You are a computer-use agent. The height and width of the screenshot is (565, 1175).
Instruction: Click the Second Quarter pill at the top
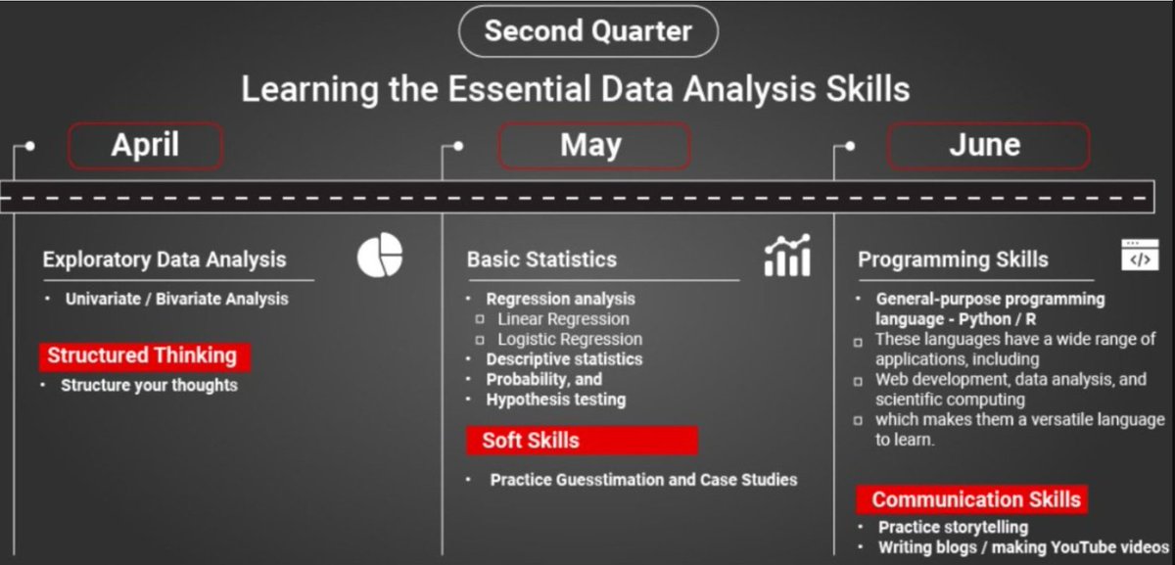coord(587,30)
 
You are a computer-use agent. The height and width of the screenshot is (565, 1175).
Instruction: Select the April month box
coord(145,146)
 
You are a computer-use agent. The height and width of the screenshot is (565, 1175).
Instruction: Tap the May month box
coord(593,146)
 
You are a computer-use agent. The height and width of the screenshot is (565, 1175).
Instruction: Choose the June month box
coord(987,146)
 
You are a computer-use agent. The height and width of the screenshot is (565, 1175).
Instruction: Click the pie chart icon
coord(380,256)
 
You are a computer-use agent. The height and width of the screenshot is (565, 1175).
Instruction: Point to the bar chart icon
coord(787,256)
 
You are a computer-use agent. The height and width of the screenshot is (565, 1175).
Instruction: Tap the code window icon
coord(1138,255)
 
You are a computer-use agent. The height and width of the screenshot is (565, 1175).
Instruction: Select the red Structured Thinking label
coord(143,355)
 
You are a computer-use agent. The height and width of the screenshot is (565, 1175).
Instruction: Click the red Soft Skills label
coord(581,441)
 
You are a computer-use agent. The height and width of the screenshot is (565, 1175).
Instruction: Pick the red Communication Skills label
coord(971,499)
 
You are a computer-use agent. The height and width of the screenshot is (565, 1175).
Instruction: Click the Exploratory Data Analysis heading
coord(164,259)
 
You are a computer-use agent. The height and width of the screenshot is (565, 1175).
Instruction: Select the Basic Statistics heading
coord(541,259)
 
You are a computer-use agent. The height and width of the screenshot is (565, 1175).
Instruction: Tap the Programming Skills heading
coord(953,259)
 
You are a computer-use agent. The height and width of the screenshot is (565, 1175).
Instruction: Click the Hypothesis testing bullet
coord(555,399)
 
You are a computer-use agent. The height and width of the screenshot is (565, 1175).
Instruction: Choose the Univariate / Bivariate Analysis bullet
coord(176,299)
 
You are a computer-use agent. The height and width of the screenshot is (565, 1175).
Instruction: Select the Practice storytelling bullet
coord(953,528)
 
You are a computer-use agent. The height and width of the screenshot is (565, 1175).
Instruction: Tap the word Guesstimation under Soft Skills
coord(611,480)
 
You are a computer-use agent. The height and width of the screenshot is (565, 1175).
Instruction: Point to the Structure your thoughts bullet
coord(149,385)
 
